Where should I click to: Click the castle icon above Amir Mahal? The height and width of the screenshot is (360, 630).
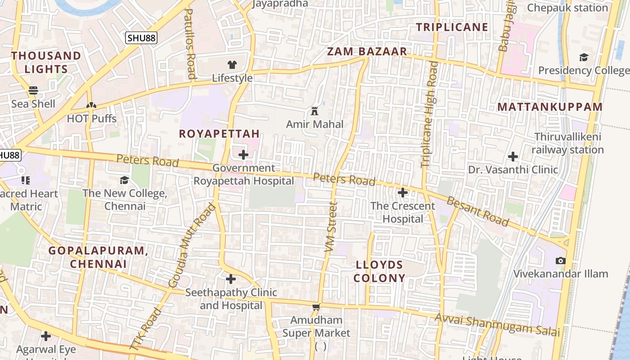coord(315,111)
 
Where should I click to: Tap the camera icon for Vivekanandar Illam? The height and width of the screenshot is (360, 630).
coord(560,261)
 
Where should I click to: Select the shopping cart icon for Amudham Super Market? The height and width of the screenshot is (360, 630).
coord(316,307)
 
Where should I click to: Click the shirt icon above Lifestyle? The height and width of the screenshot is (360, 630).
coord(232,65)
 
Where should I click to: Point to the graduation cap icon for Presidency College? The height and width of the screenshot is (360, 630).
coord(584,57)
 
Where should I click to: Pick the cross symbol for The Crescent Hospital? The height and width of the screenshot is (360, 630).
coord(403,193)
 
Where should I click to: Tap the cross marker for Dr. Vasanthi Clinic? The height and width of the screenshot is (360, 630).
coord(513,157)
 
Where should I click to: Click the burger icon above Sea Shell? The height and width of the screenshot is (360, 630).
coord(33,90)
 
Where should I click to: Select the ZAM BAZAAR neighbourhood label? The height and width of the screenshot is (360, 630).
coord(367,51)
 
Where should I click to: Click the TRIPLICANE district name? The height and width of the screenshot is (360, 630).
coord(452,27)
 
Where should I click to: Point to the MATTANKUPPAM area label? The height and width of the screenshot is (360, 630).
coord(550,107)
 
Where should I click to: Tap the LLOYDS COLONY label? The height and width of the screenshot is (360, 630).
coord(379,271)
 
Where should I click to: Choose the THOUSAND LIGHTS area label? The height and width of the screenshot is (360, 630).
coord(46,62)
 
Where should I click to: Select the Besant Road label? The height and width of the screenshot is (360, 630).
coord(478,211)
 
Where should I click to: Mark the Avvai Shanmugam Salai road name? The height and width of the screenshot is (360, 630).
coord(497,325)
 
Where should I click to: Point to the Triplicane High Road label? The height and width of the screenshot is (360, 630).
coord(429,114)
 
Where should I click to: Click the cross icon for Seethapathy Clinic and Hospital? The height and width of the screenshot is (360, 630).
coord(231,279)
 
